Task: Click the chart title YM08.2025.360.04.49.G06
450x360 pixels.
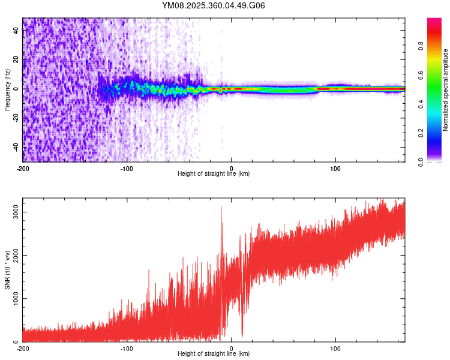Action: (x=214, y=5)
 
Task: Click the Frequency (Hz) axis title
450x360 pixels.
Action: (x=7, y=90)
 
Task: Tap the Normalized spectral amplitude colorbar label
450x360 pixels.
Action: (x=446, y=90)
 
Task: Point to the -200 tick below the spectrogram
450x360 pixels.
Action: (x=23, y=168)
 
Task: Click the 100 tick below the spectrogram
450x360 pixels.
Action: (x=336, y=168)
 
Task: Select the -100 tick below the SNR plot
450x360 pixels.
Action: (x=127, y=348)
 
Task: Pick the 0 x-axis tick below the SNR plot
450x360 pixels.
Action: (x=232, y=348)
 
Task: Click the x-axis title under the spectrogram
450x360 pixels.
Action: (x=214, y=174)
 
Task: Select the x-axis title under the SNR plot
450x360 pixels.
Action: (x=214, y=354)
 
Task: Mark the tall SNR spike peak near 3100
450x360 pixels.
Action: (x=221, y=207)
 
